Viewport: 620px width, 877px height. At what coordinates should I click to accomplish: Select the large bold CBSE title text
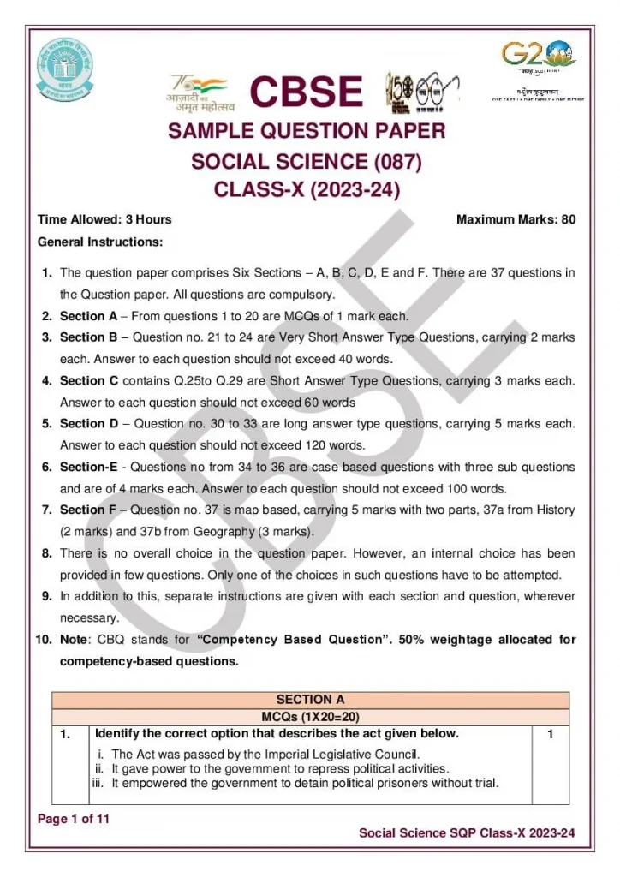point(306,92)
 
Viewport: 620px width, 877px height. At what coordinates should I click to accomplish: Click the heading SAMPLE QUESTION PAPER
point(307,131)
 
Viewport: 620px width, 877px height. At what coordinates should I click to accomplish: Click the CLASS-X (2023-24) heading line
point(307,189)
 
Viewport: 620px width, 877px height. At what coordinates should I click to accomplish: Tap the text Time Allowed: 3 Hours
point(104,219)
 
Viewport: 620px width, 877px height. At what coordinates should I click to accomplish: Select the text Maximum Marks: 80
point(516,219)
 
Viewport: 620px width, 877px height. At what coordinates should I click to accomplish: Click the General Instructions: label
point(100,242)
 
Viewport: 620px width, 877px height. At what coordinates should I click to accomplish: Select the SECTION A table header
point(310,700)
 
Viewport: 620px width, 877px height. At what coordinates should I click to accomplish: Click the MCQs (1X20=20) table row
point(310,716)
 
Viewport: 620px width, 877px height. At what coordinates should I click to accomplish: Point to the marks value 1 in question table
point(551,735)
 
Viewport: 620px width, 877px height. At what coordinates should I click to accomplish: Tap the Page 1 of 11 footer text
point(74,820)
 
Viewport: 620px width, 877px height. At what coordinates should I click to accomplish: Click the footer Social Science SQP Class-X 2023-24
point(467,832)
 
